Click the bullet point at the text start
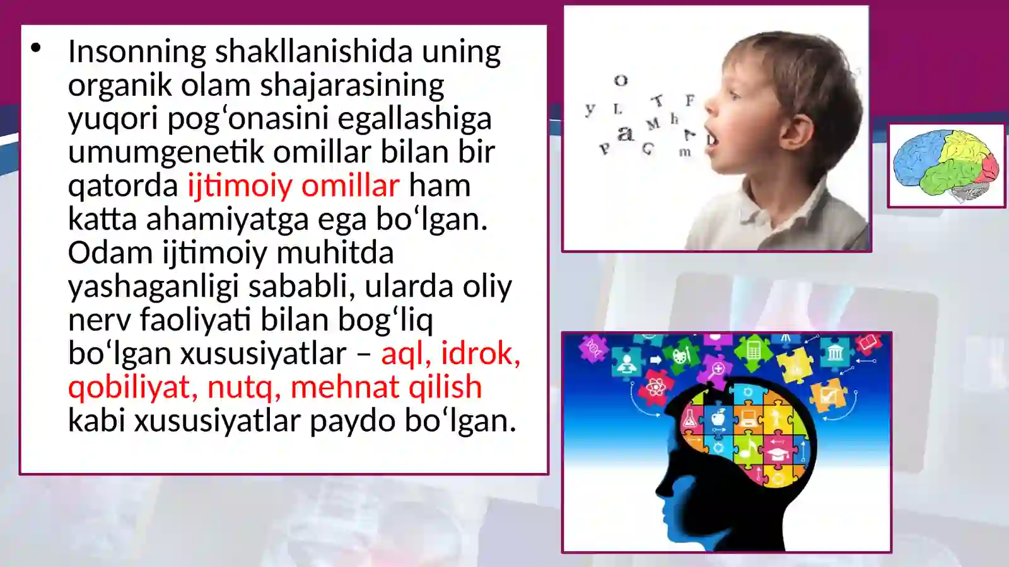tap(36, 48)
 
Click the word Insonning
tap(137, 52)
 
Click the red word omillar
tap(350, 185)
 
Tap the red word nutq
tap(243, 387)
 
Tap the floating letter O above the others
tap(621, 81)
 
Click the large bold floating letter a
tap(625, 133)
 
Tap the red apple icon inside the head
tap(718, 417)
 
